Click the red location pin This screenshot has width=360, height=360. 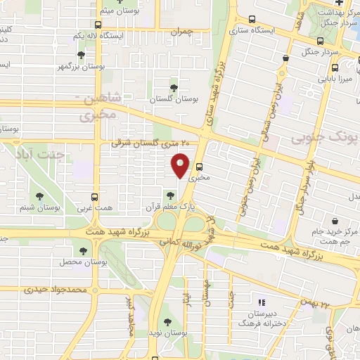180,165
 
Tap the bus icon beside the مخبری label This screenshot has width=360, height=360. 200,167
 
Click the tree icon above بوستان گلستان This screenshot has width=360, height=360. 173,87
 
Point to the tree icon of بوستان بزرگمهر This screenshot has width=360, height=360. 82,55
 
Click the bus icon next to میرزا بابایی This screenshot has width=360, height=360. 334,67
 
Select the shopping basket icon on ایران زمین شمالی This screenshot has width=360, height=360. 285,58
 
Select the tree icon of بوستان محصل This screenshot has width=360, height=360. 84,250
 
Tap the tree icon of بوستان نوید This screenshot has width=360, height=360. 164,323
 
